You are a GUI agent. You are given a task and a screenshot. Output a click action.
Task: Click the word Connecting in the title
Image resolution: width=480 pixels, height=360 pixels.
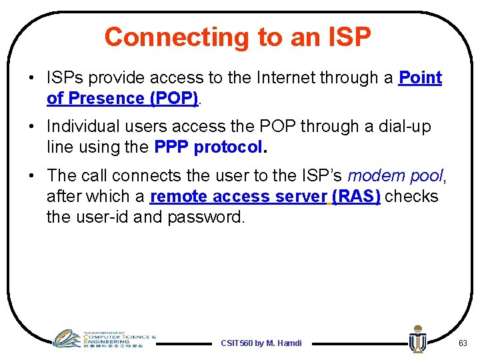(x=177, y=38)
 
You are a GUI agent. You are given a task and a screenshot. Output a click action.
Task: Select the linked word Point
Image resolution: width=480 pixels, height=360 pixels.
(x=420, y=77)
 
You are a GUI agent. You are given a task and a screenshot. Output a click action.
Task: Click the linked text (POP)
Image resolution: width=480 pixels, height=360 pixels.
(x=174, y=99)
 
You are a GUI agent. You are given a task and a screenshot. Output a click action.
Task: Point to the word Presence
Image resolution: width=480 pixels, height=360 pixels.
(x=106, y=98)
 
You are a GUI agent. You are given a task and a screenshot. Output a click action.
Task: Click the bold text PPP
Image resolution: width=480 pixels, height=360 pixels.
(x=171, y=147)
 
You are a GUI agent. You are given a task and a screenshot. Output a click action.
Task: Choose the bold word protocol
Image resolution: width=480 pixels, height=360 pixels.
(x=229, y=147)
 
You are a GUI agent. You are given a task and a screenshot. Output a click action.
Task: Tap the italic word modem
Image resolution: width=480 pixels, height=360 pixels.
(x=376, y=176)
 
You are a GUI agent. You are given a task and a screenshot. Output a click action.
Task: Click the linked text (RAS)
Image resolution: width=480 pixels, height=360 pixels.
(x=356, y=196)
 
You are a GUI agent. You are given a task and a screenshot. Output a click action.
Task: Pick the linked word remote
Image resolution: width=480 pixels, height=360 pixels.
(x=179, y=197)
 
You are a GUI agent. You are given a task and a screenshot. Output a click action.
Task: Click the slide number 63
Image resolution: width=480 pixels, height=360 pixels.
(x=463, y=343)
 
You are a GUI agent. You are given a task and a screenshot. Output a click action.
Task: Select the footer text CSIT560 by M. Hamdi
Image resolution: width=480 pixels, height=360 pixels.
(x=261, y=343)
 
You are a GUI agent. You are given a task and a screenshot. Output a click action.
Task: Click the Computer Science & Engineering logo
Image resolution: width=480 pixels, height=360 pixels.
(x=104, y=339)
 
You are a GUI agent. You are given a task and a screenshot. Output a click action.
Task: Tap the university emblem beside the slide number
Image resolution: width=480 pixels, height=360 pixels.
(x=418, y=339)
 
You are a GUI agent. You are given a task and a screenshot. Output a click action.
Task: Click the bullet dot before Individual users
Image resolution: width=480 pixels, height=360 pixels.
(x=31, y=126)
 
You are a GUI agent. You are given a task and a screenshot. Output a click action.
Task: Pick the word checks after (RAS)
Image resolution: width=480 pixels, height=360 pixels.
(x=411, y=196)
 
